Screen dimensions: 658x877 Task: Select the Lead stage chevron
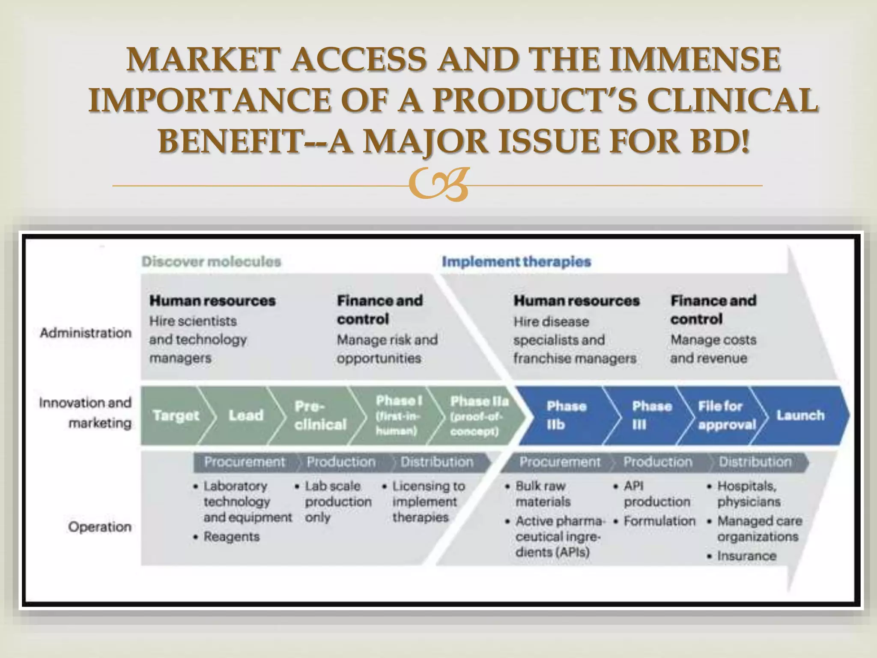[246, 416]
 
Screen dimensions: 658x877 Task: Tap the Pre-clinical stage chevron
[320, 416]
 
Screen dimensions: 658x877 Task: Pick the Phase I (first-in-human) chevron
[398, 416]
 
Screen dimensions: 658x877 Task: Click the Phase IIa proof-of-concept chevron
[479, 416]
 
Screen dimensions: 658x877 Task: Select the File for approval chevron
[726, 416]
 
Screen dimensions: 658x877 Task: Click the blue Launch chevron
[800, 416]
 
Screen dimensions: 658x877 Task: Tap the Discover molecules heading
[211, 261]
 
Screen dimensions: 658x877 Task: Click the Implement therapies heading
[516, 261]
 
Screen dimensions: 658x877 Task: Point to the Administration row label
[86, 333]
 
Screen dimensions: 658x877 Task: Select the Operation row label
[100, 526]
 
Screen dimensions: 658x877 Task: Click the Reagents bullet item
[231, 536]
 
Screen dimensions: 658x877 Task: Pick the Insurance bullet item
[746, 556]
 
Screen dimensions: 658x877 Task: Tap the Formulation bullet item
[659, 521]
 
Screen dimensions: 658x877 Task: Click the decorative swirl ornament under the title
[438, 185]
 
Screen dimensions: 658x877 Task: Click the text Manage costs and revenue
[713, 349]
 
